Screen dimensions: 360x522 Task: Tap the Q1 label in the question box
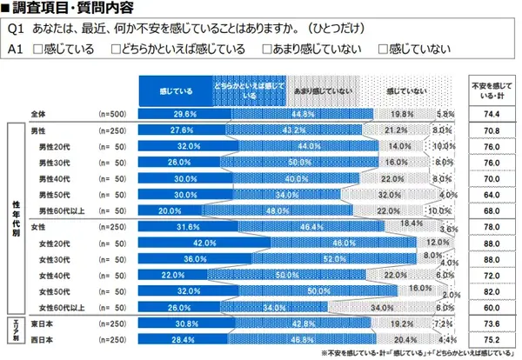[x=16, y=29]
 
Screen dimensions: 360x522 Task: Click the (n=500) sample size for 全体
[x=112, y=114]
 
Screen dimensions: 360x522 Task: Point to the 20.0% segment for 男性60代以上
[x=167, y=210]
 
